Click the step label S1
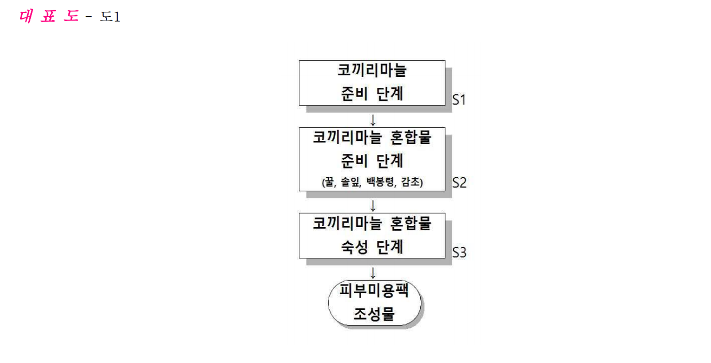pyautogui.click(x=459, y=100)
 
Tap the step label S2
pyautogui.click(x=459, y=183)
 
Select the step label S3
pyautogui.click(x=459, y=252)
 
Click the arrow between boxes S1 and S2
pyautogui.click(x=373, y=120)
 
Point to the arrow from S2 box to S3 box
pyautogui.click(x=373, y=206)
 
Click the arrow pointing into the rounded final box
pyautogui.click(x=373, y=273)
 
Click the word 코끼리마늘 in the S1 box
pyautogui.click(x=371, y=70)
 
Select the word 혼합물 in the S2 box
pyautogui.click(x=411, y=138)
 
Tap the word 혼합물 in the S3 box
pyautogui.click(x=411, y=223)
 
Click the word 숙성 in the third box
pyautogui.click(x=355, y=247)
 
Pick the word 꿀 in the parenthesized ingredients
pyautogui.click(x=330, y=182)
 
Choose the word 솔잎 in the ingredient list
pyautogui.click(x=351, y=182)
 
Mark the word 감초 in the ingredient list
pyautogui.click(x=410, y=182)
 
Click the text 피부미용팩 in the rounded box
pyautogui.click(x=374, y=290)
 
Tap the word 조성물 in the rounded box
pyautogui.click(x=374, y=314)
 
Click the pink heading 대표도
pyautogui.click(x=49, y=16)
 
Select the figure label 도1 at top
pyautogui.click(x=110, y=17)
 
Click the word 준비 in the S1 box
pyautogui.click(x=354, y=94)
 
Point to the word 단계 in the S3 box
pyautogui.click(x=390, y=247)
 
